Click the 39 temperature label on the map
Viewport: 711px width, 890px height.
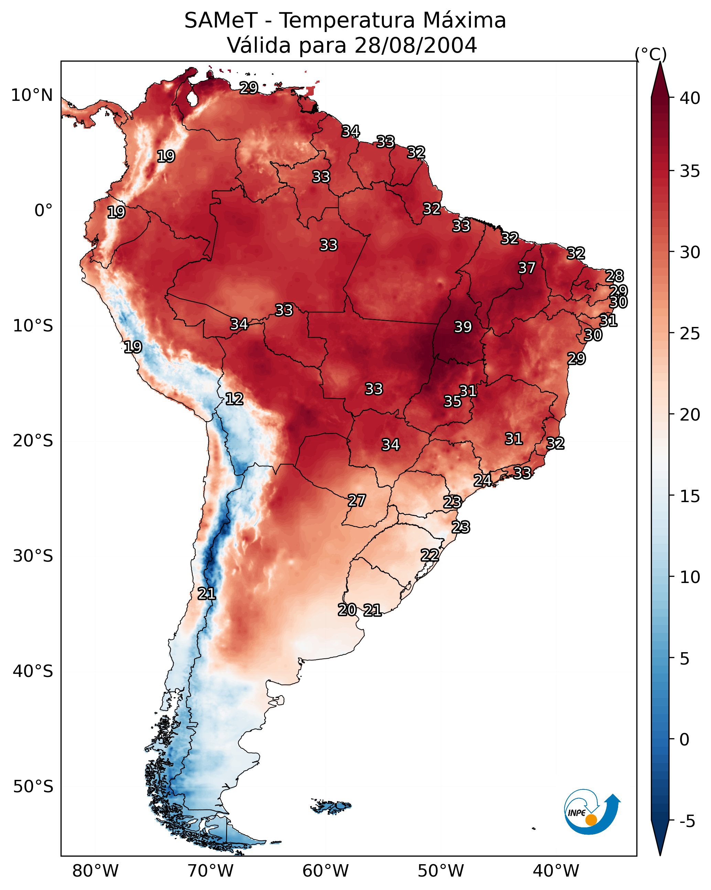click(x=463, y=327)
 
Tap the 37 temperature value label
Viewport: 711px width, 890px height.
click(x=527, y=267)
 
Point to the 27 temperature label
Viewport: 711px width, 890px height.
click(x=356, y=500)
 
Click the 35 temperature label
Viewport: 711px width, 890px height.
click(x=452, y=401)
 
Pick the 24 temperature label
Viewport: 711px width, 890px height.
click(x=482, y=480)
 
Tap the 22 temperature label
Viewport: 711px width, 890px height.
click(x=430, y=555)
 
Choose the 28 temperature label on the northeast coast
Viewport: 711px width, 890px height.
click(x=614, y=275)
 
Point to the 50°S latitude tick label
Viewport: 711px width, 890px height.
click(x=33, y=786)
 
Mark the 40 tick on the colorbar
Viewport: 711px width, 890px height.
click(x=690, y=98)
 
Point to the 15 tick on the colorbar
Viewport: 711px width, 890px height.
click(x=690, y=496)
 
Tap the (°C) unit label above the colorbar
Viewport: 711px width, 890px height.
click(x=651, y=54)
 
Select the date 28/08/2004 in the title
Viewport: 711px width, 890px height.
click(x=416, y=45)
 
